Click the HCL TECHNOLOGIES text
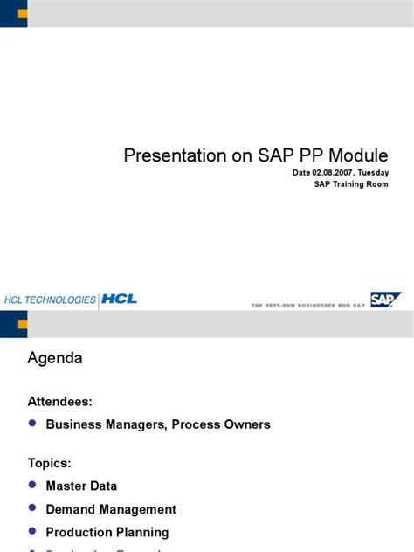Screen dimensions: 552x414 pos(50,300)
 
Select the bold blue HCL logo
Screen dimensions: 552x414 pos(119,300)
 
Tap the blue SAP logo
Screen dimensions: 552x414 pos(384,300)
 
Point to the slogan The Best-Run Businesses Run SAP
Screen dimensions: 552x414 pos(308,305)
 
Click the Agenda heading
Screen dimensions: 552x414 pos(55,357)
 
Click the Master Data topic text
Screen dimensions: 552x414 pos(81,486)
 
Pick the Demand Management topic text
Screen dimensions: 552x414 pos(111,509)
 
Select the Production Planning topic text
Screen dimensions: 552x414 pos(107,532)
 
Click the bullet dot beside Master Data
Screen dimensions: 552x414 pos(32,485)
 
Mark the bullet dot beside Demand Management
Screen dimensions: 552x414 pos(32,507)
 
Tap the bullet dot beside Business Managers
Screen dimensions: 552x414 pos(32,424)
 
